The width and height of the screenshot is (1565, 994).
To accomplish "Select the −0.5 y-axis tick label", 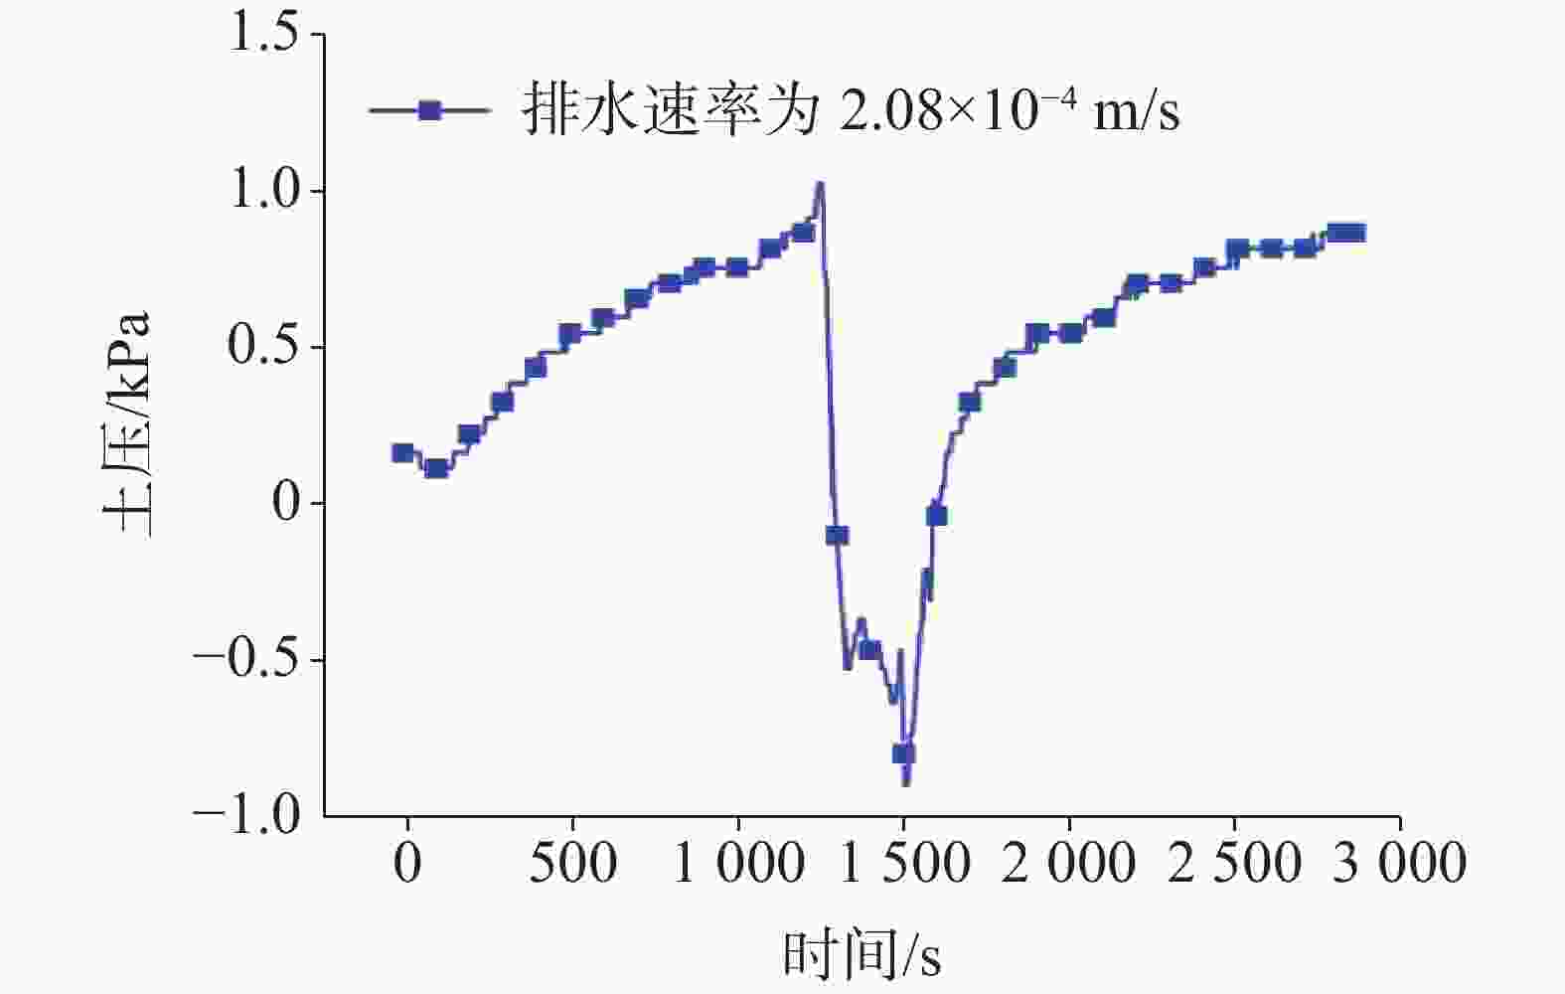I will point(246,660).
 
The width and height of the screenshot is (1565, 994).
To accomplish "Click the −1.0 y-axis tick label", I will point(246,816).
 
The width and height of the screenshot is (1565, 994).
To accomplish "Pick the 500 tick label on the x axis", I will point(572,863).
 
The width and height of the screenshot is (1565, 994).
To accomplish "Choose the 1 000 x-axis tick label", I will point(738,863).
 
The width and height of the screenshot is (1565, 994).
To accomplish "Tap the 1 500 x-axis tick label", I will point(903,863).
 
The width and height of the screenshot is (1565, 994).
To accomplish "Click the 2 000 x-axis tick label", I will point(1068,863).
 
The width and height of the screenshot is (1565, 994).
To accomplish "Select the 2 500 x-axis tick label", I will point(1234,863).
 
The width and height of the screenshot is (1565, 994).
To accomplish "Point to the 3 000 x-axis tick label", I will point(1399,863).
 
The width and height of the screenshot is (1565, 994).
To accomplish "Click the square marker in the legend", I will point(429,109).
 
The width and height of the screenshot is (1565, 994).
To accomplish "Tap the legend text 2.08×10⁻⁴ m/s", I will point(1010,109).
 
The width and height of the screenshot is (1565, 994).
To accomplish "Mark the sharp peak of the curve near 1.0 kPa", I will point(820,185).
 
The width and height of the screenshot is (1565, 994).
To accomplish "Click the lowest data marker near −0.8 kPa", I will point(903,753).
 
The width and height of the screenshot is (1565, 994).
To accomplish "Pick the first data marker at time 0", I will point(402,453).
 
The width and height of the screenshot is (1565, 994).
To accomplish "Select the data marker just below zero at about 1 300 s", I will point(837,536).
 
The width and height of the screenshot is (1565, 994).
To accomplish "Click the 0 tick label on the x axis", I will point(407,863).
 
